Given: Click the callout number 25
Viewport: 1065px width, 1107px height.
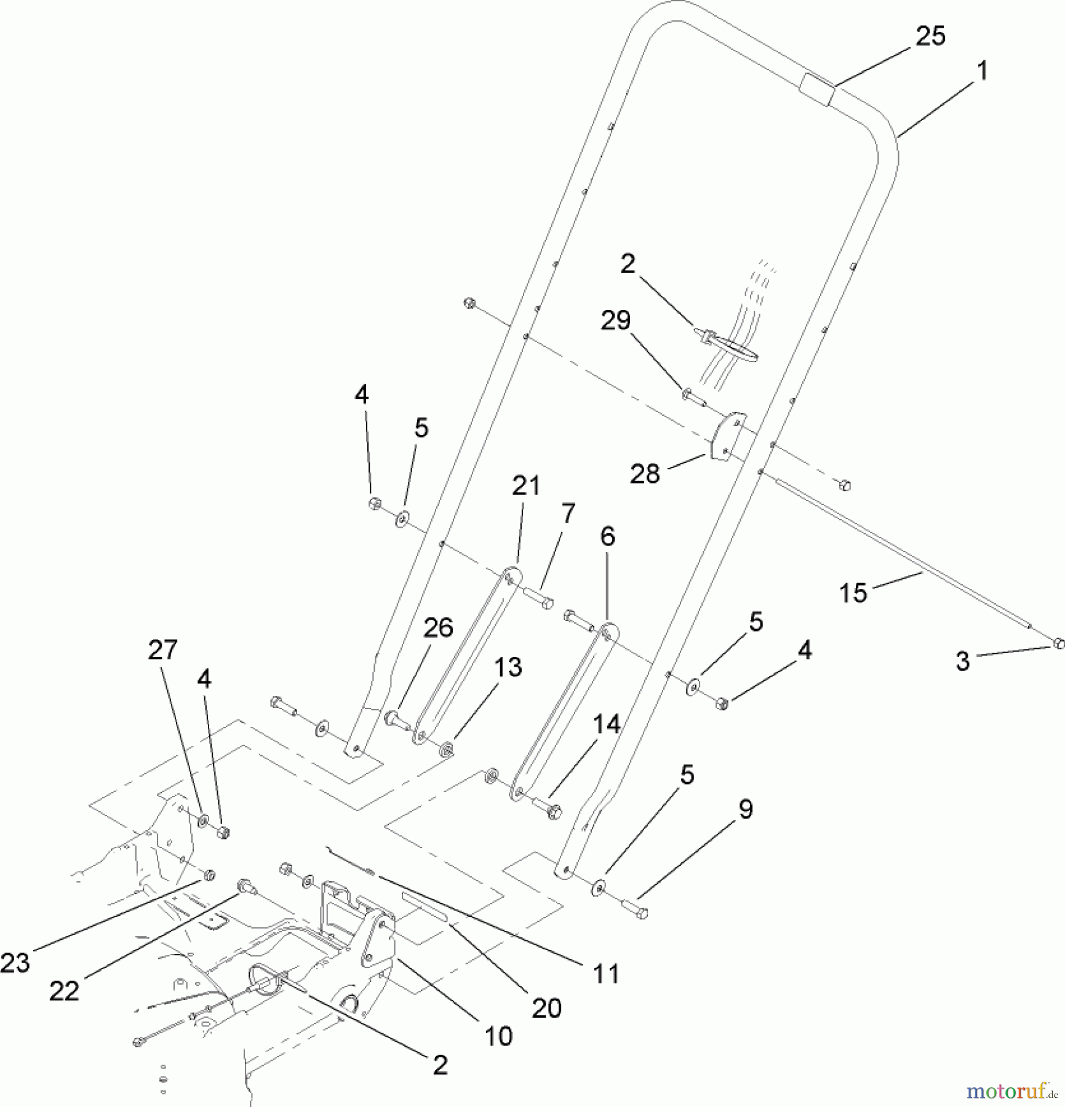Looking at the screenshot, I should point(930,37).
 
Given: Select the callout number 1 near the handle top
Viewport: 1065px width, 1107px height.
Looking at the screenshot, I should point(982,71).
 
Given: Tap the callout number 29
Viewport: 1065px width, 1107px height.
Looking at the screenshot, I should point(616,321).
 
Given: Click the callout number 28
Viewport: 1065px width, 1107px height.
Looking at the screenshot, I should point(645,474).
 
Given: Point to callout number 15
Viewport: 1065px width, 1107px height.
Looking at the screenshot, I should point(853,593).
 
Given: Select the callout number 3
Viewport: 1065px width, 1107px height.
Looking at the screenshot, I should point(962,662).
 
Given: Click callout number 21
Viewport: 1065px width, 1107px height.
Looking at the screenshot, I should point(526,486).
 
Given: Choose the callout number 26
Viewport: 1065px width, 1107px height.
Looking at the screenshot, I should point(438,628).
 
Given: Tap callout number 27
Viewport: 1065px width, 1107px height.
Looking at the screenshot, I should point(162,650).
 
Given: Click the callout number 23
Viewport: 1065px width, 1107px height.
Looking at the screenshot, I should point(15,963).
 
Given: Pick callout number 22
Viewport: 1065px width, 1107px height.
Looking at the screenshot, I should point(64,991).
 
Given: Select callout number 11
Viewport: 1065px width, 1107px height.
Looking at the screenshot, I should point(605,974).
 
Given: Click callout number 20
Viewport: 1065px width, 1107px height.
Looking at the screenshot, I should point(546,1008).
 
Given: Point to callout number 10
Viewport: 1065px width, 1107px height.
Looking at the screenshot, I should point(498,1037).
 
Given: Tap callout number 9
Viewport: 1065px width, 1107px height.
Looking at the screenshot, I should point(745,809).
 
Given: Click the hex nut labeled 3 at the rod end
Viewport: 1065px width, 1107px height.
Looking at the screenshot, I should point(1058,643).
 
